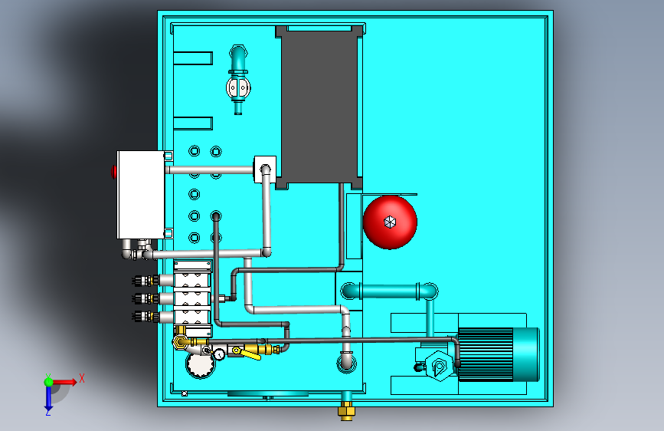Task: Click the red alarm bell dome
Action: point(390,221)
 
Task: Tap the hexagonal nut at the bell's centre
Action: point(390,222)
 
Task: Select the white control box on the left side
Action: point(139,195)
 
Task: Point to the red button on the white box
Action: point(114,171)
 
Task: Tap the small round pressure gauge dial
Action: point(220,354)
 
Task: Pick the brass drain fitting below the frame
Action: point(346,413)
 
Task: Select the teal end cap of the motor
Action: point(526,353)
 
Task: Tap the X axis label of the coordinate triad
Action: point(81,378)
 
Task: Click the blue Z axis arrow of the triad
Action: point(48,396)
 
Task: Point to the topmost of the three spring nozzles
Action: point(146,280)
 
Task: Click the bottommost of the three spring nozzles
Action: point(146,316)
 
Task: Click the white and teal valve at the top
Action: point(238,86)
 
